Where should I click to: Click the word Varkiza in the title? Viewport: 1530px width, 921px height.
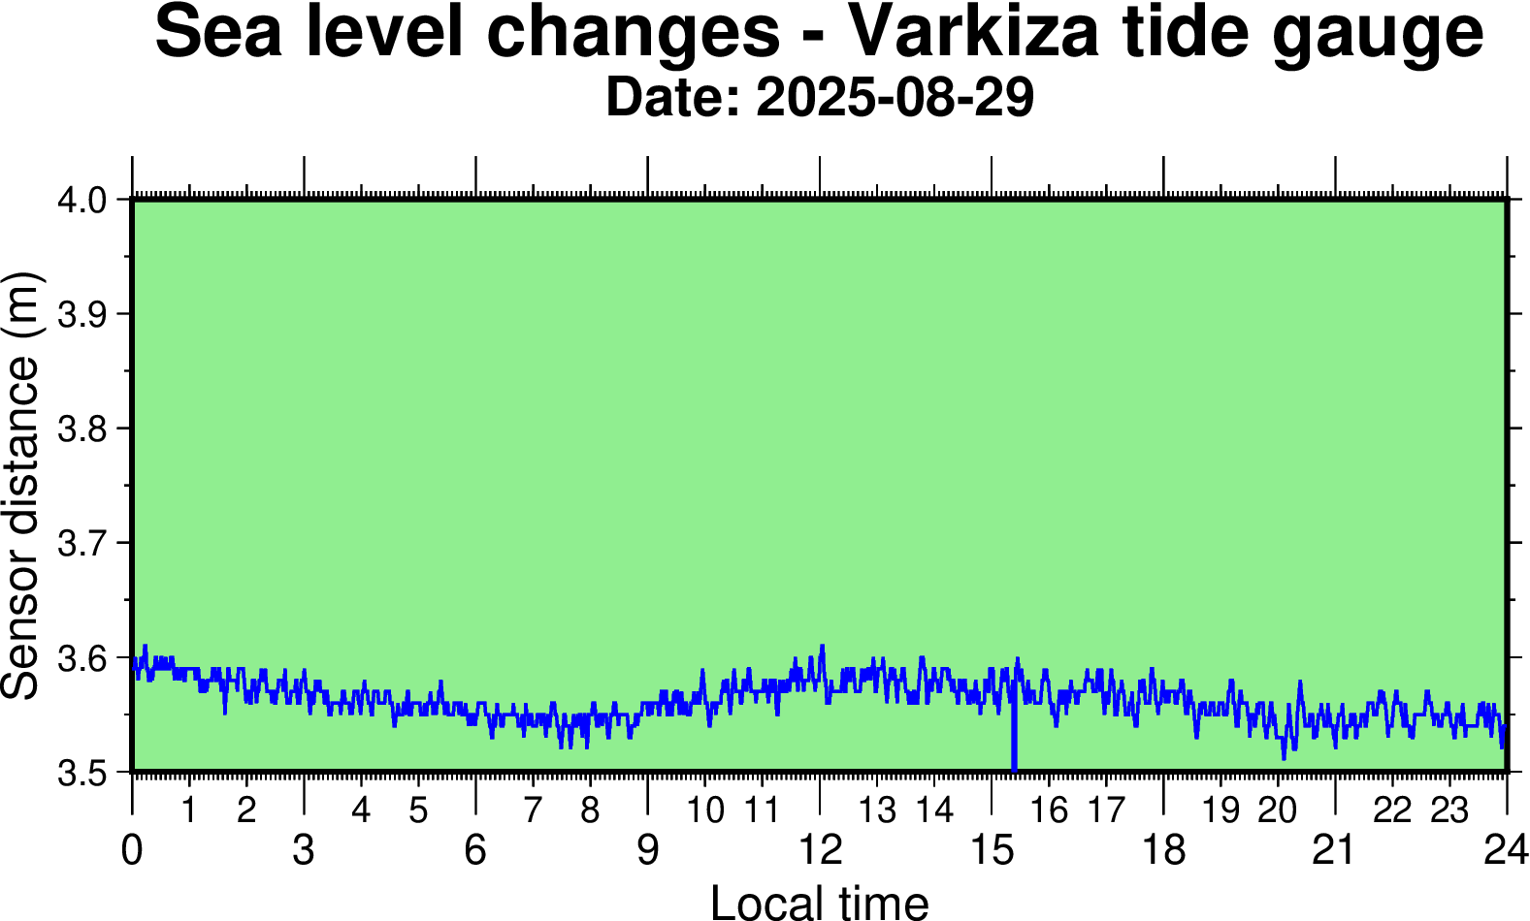click(973, 32)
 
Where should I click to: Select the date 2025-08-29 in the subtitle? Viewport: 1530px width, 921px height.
click(895, 98)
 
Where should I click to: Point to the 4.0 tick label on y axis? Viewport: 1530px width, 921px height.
click(86, 201)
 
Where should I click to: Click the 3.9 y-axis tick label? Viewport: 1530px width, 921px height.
click(86, 314)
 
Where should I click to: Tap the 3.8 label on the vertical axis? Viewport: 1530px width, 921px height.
click(86, 429)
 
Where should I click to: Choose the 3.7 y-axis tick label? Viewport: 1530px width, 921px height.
click(86, 543)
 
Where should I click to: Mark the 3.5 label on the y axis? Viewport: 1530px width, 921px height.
click(86, 773)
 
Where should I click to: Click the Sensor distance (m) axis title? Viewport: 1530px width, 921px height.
click(21, 485)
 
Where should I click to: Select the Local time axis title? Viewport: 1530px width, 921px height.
click(820, 902)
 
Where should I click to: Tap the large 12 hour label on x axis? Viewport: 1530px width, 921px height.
click(820, 850)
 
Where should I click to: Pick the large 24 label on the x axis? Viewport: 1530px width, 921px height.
click(1506, 850)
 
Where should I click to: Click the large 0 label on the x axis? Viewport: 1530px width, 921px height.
click(132, 850)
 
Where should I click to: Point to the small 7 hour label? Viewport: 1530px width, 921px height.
click(533, 810)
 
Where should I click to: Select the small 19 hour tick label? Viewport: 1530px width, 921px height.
click(1221, 810)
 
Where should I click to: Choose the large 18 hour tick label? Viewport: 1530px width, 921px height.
click(1163, 850)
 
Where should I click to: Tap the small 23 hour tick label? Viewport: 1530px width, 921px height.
click(1449, 810)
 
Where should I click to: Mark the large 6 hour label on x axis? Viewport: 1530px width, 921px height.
click(475, 850)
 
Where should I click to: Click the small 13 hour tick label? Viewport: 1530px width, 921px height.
click(877, 810)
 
